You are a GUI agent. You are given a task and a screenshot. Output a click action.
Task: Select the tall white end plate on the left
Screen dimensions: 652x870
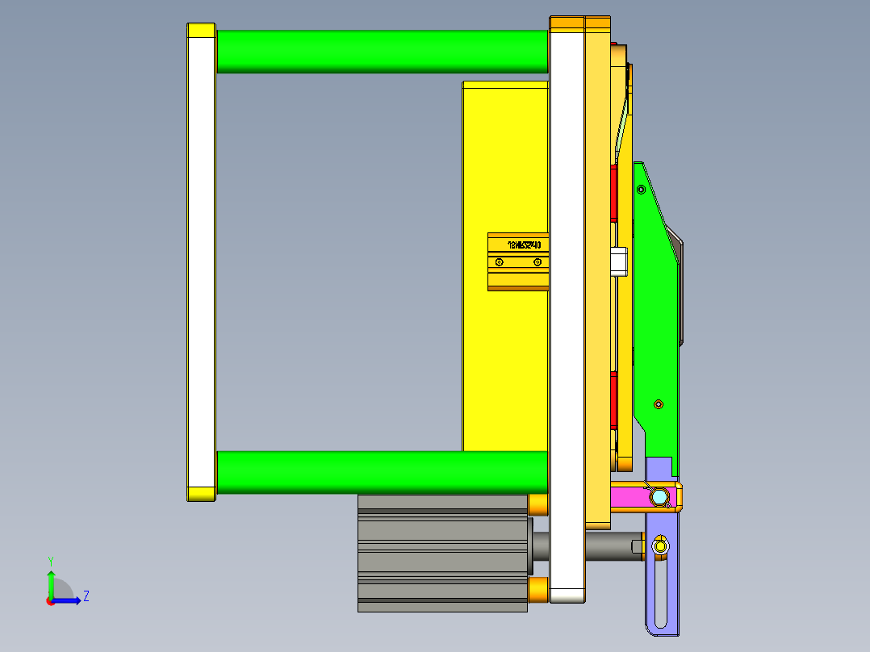click(201, 262)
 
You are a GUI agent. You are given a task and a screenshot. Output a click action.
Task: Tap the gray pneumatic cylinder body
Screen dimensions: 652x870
click(441, 553)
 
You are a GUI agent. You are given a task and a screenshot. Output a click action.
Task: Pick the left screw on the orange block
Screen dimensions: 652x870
click(500, 262)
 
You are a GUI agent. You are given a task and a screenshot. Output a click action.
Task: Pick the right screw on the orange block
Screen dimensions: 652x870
click(537, 262)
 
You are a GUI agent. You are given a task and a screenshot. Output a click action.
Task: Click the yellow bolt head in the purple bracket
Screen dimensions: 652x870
click(661, 547)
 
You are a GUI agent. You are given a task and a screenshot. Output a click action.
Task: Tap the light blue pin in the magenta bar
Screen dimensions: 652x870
click(660, 496)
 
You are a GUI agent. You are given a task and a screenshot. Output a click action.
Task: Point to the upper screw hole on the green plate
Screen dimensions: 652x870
click(642, 190)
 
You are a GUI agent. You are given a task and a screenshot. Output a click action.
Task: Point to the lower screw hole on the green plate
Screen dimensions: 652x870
click(658, 403)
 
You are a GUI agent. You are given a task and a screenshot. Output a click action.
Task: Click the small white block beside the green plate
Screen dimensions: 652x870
click(619, 261)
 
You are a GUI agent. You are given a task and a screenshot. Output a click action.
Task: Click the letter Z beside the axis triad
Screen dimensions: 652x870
click(86, 596)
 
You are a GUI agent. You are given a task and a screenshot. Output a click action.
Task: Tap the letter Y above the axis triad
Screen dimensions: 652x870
click(51, 561)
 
